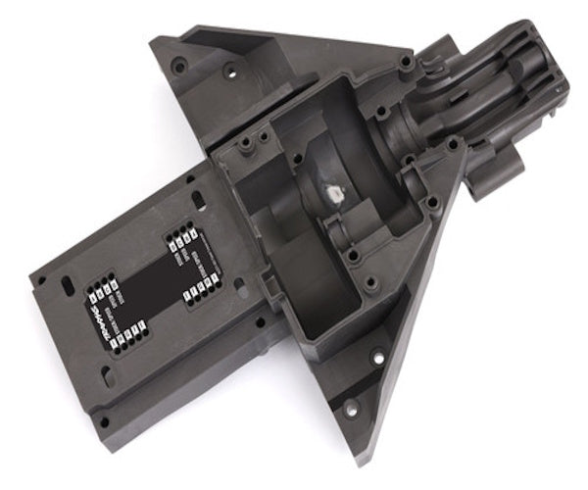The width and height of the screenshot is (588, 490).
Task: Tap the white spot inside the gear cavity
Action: [330, 193]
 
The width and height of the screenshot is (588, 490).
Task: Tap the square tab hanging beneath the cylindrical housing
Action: [491, 176]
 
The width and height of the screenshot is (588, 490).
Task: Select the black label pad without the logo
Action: [190, 257]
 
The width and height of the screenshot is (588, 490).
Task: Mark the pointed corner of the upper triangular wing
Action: [155, 42]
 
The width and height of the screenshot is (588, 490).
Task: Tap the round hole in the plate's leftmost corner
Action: [40, 279]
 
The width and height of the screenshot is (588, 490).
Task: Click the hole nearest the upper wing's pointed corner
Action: [179, 66]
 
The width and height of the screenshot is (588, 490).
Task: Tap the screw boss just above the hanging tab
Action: [454, 144]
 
